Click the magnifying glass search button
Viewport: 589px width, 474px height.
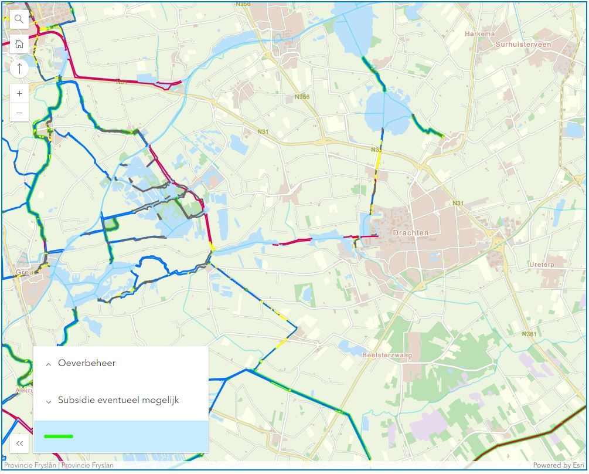(x=19, y=19)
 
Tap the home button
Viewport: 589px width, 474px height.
(x=19, y=44)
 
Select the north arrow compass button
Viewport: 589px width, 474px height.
(x=19, y=69)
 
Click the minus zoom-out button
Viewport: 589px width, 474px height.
(x=19, y=113)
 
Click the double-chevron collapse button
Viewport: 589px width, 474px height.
(x=19, y=443)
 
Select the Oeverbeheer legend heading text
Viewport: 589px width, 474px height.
(x=87, y=363)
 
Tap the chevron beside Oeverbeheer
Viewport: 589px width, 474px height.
(x=49, y=364)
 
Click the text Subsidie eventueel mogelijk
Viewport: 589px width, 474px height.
(x=118, y=400)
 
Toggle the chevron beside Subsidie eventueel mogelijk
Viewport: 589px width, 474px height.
(x=49, y=402)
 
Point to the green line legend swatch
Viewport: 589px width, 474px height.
(x=59, y=436)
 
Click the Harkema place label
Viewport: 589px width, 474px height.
(x=480, y=34)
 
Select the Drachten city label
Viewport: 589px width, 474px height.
(x=410, y=233)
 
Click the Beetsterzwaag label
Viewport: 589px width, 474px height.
(x=387, y=355)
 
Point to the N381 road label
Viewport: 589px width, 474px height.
(x=529, y=334)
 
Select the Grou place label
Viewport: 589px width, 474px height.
(x=24, y=273)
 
